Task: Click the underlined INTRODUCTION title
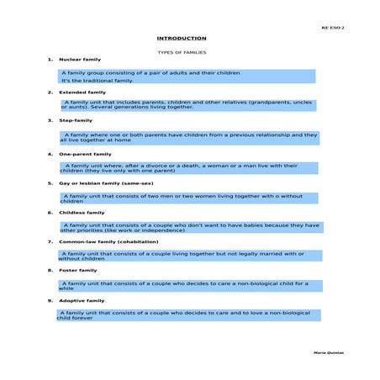[181, 39]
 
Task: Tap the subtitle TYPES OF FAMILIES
[182, 52]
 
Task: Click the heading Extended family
[82, 92]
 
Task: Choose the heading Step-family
[76, 120]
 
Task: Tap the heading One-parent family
[85, 155]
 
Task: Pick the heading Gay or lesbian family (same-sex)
[106, 182]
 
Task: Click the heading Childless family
[82, 213]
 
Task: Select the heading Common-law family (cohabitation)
[108, 241]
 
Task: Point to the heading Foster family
[77, 271]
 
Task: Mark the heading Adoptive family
[82, 300]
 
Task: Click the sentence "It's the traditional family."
[98, 81]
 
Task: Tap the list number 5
[50, 182]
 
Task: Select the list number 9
[50, 300]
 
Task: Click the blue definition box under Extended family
[187, 105]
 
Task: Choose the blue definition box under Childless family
[190, 227]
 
